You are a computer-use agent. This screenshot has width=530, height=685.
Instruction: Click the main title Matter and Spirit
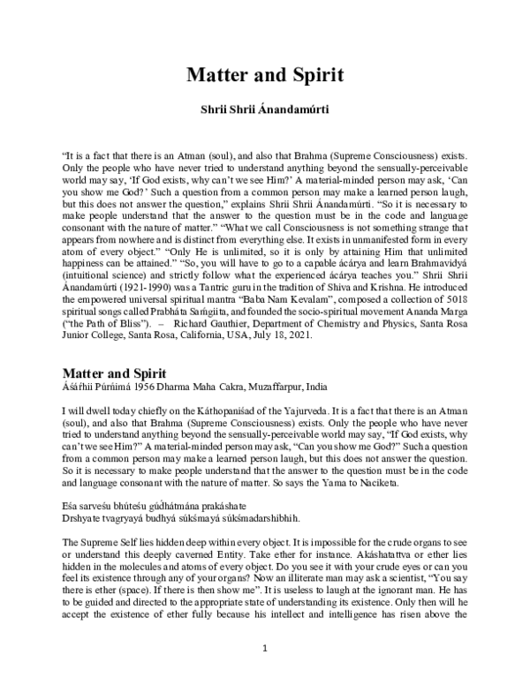pos(264,75)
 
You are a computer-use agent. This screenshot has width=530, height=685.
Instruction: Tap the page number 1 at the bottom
pos(264,649)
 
